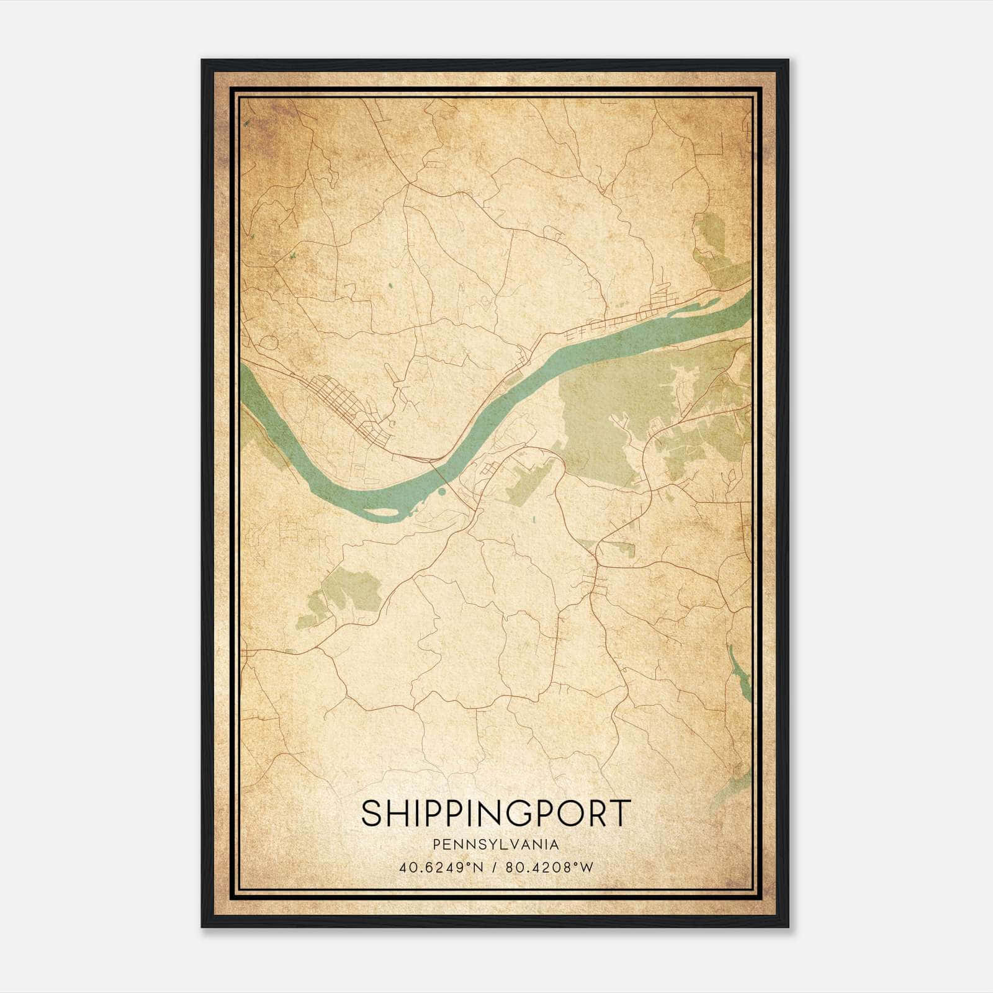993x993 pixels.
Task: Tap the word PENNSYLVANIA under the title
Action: (x=496, y=844)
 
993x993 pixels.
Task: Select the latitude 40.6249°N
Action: (x=441, y=868)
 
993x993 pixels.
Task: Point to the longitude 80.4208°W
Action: (x=550, y=868)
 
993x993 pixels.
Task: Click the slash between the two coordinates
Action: (x=495, y=868)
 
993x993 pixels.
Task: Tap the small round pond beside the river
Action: (x=441, y=492)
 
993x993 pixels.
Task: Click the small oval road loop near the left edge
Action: (x=269, y=342)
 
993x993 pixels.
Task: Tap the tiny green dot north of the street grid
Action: (x=390, y=285)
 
